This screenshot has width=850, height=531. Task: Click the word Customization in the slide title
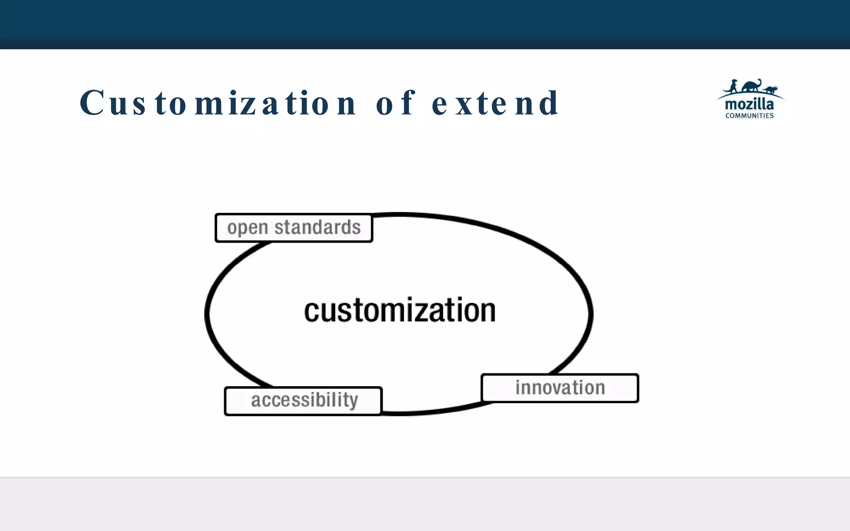click(217, 103)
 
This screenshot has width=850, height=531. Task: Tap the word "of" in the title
click(395, 103)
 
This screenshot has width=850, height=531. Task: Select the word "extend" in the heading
click(496, 103)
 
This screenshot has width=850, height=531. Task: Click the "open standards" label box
click(294, 228)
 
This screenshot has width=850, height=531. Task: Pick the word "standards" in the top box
click(318, 227)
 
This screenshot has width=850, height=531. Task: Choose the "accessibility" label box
click(303, 401)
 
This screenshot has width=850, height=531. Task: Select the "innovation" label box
click(559, 388)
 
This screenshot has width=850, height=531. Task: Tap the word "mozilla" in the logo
click(749, 104)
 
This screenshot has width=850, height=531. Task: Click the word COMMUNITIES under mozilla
click(749, 116)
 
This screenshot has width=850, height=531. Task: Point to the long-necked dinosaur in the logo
click(752, 85)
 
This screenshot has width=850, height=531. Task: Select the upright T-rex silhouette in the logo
click(733, 86)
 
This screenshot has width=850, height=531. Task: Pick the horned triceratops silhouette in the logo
click(770, 89)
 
